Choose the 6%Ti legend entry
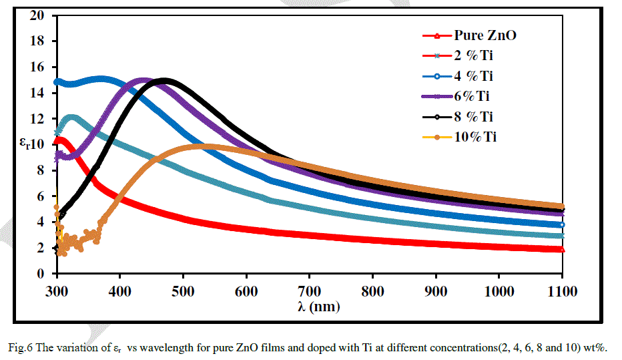click(473, 96)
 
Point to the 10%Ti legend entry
click(476, 137)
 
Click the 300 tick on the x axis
click(57, 292)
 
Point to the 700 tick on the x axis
click(310, 292)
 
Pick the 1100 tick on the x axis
click(562, 292)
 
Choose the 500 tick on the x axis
click(184, 292)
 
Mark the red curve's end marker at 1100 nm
click(562, 249)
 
